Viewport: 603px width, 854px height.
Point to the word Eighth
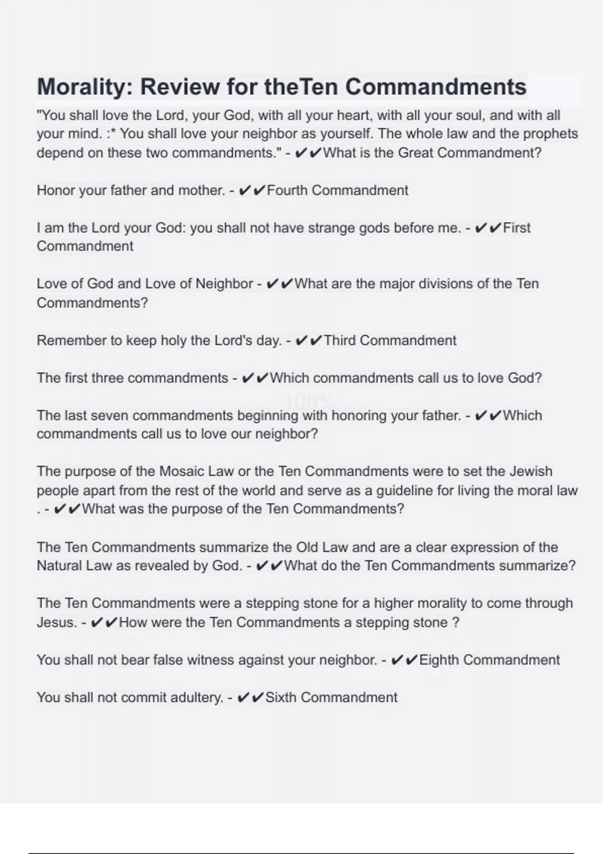click(438, 660)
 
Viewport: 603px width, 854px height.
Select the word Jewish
click(531, 471)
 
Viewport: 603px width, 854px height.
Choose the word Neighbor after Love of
click(224, 284)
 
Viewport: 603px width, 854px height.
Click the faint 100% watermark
click(310, 401)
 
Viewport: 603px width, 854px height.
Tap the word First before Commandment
click(517, 228)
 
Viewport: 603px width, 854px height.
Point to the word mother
click(201, 190)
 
